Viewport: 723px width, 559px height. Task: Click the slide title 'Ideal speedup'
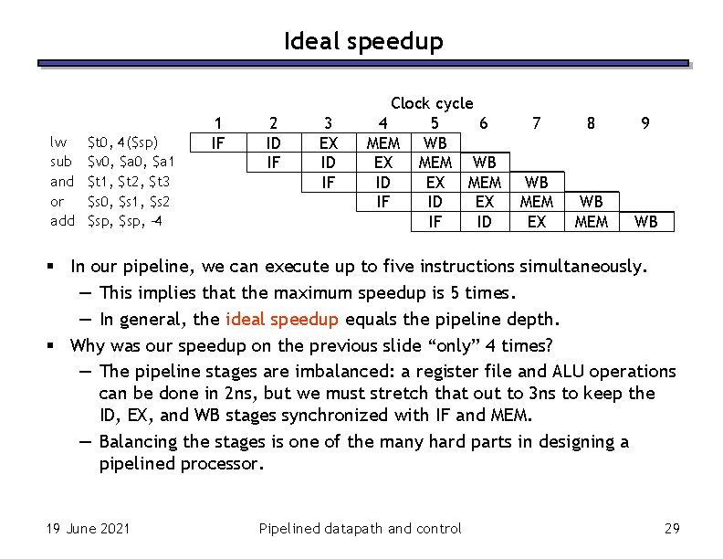coord(362,41)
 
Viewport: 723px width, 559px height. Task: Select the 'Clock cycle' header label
coord(431,103)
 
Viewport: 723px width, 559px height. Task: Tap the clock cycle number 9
coord(645,122)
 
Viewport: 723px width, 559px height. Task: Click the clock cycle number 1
coord(217,122)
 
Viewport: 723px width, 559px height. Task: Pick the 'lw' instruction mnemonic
coord(58,142)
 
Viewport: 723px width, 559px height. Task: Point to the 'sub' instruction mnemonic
coord(60,162)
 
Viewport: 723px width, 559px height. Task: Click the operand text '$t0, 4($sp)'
coord(123,142)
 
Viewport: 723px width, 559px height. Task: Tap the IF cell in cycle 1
coord(217,142)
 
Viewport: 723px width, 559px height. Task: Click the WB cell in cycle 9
coord(645,222)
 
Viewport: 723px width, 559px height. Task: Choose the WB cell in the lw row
coord(435,142)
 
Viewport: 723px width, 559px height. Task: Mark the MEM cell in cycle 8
coord(592,222)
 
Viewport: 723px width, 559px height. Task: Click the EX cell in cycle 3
coord(328,142)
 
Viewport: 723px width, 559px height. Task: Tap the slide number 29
coord(673,528)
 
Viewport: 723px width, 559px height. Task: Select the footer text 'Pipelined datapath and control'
coord(360,528)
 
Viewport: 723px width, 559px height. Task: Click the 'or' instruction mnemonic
coord(58,201)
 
